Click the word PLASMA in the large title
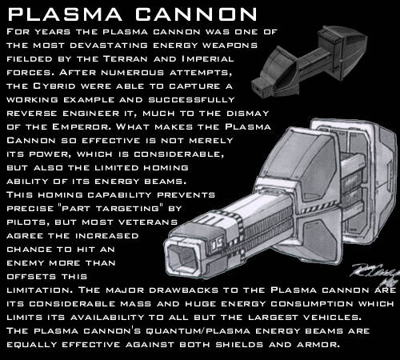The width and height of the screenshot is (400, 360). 65,14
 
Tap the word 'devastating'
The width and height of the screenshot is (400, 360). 109,46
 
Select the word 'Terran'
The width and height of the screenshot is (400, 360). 125,58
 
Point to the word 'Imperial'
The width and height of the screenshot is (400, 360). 207,58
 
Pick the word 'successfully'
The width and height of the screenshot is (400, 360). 191,99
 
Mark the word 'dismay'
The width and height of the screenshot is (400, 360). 248,113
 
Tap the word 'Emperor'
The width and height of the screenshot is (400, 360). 82,126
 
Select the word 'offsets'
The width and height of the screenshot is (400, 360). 31,276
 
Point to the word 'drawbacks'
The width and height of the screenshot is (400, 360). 183,290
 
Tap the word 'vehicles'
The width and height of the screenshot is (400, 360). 332,317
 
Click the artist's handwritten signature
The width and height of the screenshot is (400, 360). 375,274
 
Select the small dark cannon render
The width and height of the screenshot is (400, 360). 310,62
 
